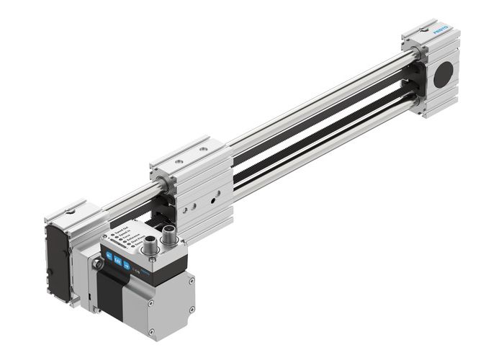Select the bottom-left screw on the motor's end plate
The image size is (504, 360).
point(152,331)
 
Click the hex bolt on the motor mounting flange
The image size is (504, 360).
point(96,264)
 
